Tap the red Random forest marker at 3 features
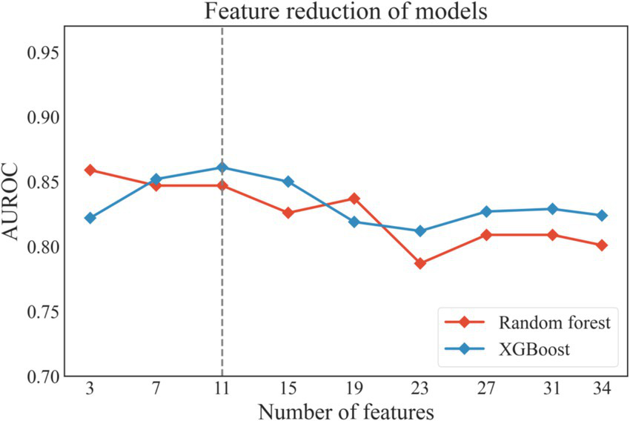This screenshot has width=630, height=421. click(90, 170)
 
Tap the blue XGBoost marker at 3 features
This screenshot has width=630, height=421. click(90, 218)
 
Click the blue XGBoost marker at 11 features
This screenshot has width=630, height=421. click(222, 168)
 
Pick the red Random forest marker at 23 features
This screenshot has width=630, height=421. click(420, 263)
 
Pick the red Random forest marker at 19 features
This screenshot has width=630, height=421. click(354, 199)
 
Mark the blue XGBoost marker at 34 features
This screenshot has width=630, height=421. click(602, 216)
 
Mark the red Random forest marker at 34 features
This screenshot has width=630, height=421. click(602, 245)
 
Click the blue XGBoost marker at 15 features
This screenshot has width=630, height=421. click(288, 182)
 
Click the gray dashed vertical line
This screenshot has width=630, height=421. click(222, 296)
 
